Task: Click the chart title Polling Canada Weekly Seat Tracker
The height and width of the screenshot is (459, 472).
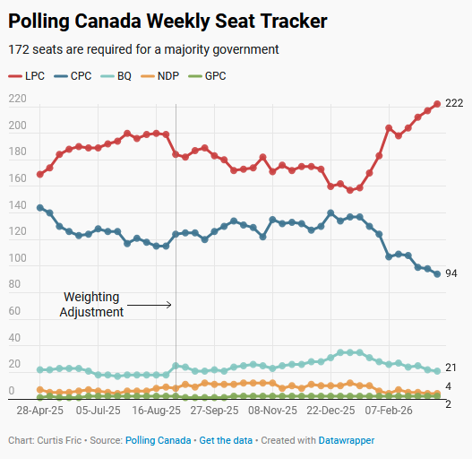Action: point(167,21)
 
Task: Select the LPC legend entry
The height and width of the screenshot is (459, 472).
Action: point(28,76)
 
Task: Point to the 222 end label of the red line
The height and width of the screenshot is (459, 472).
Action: point(454,104)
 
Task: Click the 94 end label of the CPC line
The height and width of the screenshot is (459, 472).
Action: point(451,274)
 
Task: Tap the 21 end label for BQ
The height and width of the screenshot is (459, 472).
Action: point(451,368)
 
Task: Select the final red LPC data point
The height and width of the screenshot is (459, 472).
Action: point(437,104)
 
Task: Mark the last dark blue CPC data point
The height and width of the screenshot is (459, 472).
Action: point(437,274)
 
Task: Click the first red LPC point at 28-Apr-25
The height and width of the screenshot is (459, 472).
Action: point(39,174)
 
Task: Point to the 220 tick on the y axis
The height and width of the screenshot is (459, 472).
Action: point(17,99)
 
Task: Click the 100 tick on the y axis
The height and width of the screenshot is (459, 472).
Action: point(17,259)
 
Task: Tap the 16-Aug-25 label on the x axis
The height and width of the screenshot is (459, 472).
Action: point(157,411)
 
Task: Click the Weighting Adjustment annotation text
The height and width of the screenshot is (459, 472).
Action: point(91,305)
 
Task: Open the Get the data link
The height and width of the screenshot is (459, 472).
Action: point(226,441)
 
